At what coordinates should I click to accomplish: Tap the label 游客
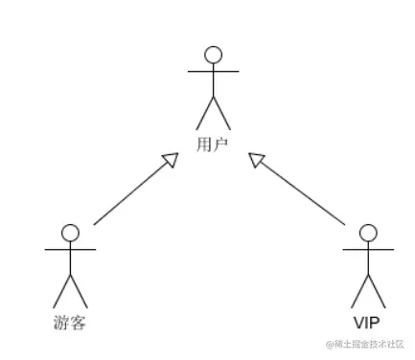coord(70,322)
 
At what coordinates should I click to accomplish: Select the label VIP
coord(367,322)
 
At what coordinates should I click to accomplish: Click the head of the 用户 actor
coord(213,55)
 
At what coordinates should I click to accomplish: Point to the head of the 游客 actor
coord(70,233)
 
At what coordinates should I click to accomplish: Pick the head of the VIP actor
coord(368,233)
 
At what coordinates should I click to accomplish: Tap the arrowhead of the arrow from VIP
coord(256,160)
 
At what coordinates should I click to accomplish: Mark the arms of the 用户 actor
coord(213,72)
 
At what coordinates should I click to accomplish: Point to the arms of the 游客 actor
coord(70,250)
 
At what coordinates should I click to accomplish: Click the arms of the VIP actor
coord(368,250)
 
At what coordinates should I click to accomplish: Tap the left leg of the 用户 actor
coord(204,114)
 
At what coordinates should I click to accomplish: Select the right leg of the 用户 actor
coord(221,114)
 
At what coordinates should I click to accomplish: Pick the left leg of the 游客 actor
coord(62,291)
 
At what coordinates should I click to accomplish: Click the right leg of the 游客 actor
coord(79,291)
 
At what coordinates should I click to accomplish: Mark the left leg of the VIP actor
coord(360,291)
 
